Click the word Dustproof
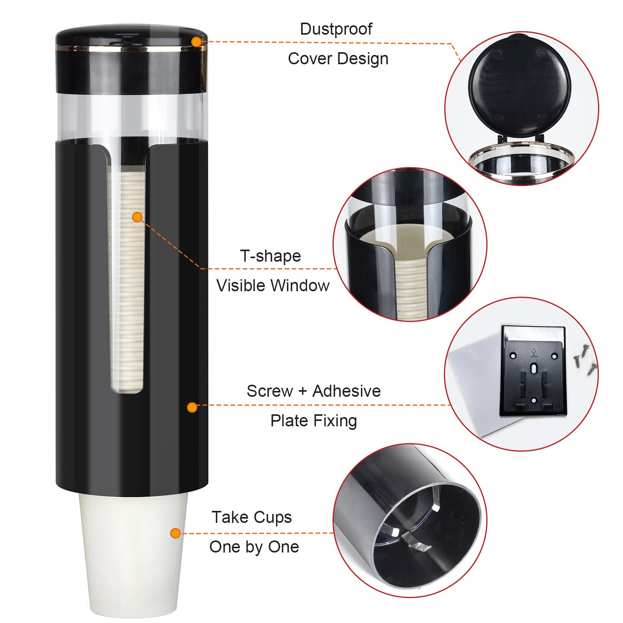coord(336,29)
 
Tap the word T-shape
coord(270,256)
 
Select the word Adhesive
coord(346,391)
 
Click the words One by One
coord(254,547)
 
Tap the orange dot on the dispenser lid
coord(197,42)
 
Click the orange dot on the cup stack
coord(137,217)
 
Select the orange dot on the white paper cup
coord(176,533)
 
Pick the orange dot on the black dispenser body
coord(192,407)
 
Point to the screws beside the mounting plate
coord(584,358)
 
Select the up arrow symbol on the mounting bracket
coord(533,352)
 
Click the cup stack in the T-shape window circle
coord(411,288)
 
